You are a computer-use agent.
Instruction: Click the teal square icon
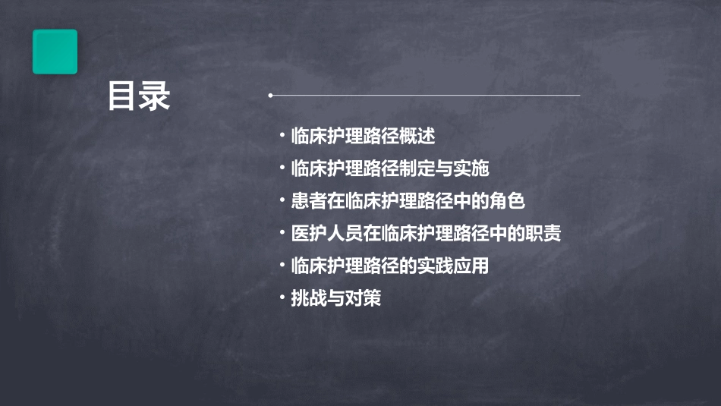pos(55,52)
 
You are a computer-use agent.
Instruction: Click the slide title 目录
pos(139,97)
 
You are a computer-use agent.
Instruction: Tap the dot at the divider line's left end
pos(269,96)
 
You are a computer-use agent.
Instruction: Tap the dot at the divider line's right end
pos(579,96)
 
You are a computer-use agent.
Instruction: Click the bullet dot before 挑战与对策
pos(282,299)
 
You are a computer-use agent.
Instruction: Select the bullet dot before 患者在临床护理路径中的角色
pos(282,202)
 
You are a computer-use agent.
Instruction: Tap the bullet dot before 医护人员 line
pos(282,234)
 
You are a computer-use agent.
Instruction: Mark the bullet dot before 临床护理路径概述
pos(282,137)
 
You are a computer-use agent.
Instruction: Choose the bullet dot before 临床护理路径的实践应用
pos(282,266)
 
